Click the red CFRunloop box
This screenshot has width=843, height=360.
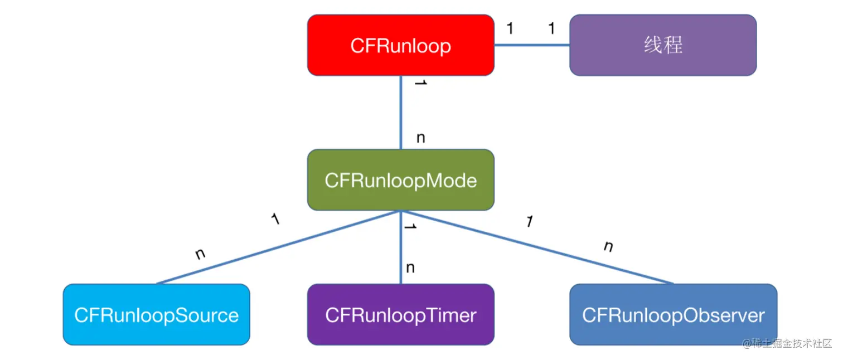pos(400,45)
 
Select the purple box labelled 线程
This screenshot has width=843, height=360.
pos(663,45)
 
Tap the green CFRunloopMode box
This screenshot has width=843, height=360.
pos(400,180)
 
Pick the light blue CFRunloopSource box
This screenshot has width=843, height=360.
pos(156,315)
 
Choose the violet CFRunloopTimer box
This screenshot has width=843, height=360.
pos(400,315)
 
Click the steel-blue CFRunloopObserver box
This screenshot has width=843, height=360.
pos(673,315)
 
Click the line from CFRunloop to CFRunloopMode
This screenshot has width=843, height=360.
pos(401,111)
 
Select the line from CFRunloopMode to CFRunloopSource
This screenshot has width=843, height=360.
pos(279,247)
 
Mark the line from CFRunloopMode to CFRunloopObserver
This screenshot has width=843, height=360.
pos(535,247)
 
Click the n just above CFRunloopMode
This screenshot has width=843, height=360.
pos(420,138)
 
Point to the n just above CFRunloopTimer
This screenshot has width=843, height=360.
pos(410,268)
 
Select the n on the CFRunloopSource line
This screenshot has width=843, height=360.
pos(201,254)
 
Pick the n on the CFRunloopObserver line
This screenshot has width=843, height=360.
pos(608,246)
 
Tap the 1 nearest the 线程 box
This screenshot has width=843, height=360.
pos(551,28)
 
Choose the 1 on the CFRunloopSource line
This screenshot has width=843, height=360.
pos(275,218)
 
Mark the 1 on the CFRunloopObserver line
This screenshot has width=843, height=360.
pos(529,221)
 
